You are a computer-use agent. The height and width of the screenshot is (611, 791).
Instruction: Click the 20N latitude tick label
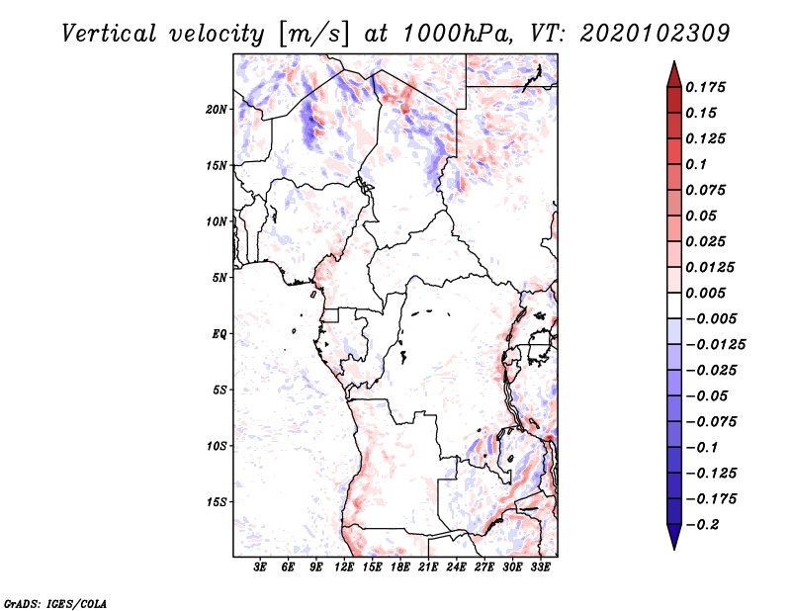tap(217, 110)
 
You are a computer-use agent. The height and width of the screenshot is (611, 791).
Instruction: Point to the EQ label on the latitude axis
tap(219, 334)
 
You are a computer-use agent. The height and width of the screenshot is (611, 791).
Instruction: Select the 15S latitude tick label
tap(217, 502)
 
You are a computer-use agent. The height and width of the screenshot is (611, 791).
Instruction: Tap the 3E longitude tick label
tap(260, 567)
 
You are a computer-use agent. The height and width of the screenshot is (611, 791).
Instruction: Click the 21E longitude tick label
tap(428, 567)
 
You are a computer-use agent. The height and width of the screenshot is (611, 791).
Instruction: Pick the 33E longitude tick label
tap(540, 567)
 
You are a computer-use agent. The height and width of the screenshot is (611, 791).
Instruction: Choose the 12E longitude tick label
tap(344, 567)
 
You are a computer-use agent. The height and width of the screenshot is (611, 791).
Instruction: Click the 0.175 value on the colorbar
tap(706, 87)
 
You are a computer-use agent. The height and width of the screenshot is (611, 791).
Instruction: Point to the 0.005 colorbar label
tap(706, 293)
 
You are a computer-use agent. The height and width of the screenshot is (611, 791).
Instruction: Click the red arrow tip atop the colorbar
tap(674, 62)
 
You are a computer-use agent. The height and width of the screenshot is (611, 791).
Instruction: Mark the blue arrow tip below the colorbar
tap(674, 548)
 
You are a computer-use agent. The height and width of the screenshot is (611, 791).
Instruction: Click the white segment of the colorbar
tap(674, 305)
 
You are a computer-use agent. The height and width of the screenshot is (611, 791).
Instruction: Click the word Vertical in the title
tap(109, 34)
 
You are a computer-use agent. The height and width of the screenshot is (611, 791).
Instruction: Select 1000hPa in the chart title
tap(456, 34)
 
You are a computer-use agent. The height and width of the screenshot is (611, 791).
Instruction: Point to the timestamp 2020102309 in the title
tap(655, 34)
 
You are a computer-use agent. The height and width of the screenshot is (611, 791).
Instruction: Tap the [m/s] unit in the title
tap(313, 35)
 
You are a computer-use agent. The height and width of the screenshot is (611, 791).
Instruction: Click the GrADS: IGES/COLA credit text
tap(55, 603)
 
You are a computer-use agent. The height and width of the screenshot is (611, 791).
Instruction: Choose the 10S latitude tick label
tap(217, 446)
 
